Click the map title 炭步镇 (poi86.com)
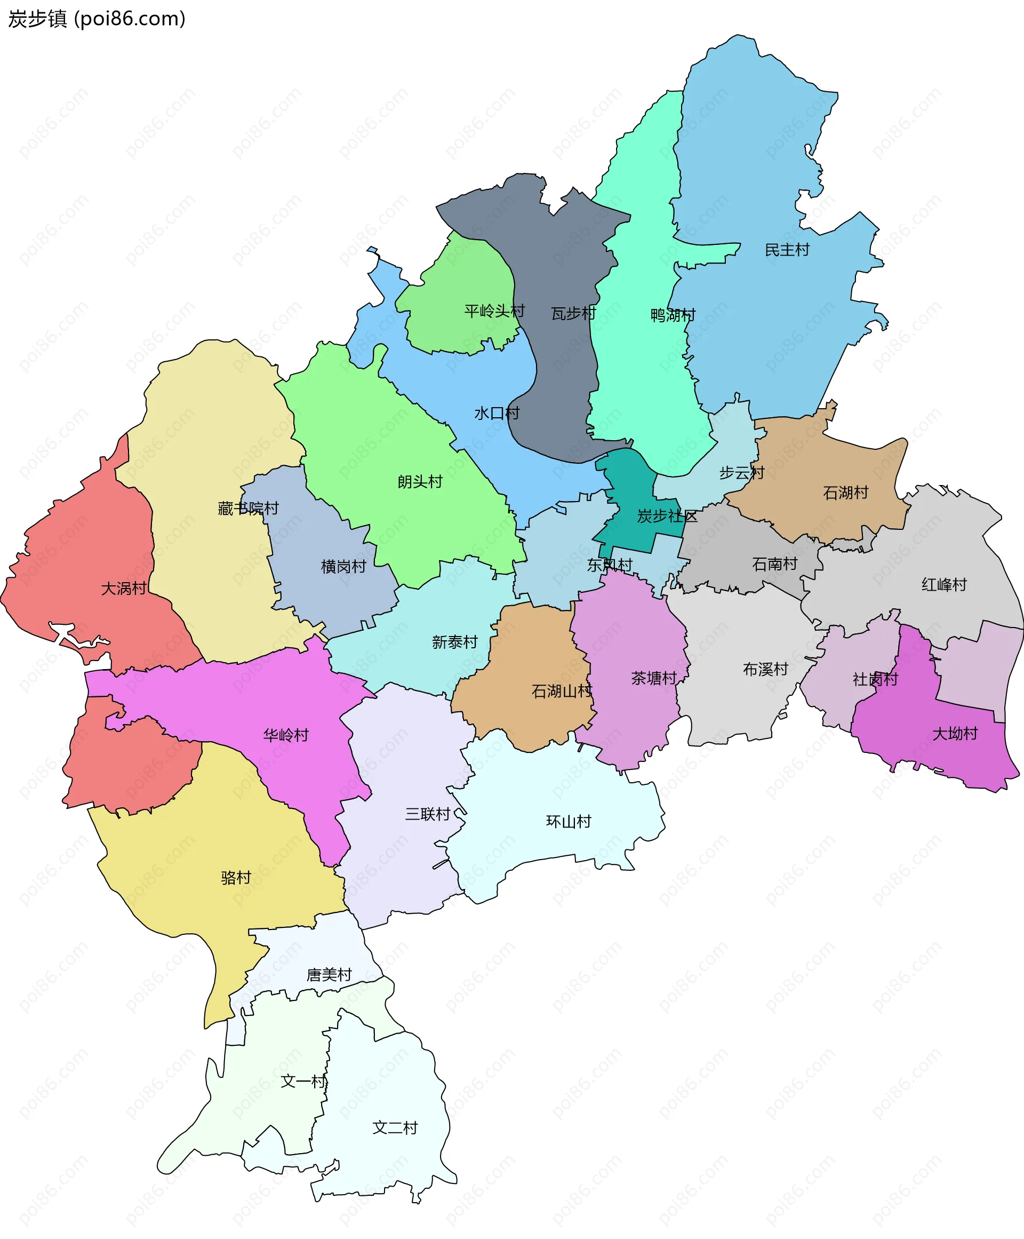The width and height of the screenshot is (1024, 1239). [x=97, y=19]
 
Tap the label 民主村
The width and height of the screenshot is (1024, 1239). [x=787, y=250]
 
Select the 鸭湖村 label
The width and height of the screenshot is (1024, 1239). [x=673, y=315]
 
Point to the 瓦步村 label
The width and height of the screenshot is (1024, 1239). [x=573, y=313]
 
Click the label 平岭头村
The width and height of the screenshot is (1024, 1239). [x=494, y=311]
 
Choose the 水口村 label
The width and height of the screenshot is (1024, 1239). [x=497, y=413]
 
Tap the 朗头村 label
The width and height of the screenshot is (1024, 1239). [x=419, y=482]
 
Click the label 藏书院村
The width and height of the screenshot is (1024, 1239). [x=248, y=508]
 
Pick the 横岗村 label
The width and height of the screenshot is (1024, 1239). [x=343, y=566]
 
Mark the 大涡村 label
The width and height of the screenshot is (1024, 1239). [x=124, y=588]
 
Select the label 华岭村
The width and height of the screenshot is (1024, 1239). [x=286, y=735]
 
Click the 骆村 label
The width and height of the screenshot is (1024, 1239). [x=236, y=877]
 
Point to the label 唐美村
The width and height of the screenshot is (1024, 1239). [x=329, y=975]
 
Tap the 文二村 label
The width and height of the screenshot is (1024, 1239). [x=395, y=1127]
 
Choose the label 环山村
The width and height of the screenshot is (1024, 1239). [x=569, y=821]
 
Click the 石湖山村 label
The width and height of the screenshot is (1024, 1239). [x=562, y=691]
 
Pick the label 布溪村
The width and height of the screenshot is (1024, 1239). [x=765, y=669]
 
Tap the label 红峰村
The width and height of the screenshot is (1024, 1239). [x=944, y=585]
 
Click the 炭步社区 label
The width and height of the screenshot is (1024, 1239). [x=667, y=517]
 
